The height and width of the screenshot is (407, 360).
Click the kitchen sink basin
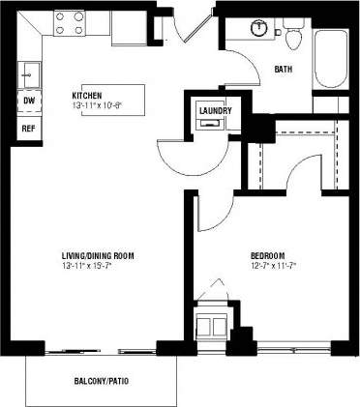tap(29, 72)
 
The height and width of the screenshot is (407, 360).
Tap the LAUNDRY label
tap(215, 110)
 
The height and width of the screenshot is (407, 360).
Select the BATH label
tap(284, 69)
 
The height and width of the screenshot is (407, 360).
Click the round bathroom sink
tap(258, 27)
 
